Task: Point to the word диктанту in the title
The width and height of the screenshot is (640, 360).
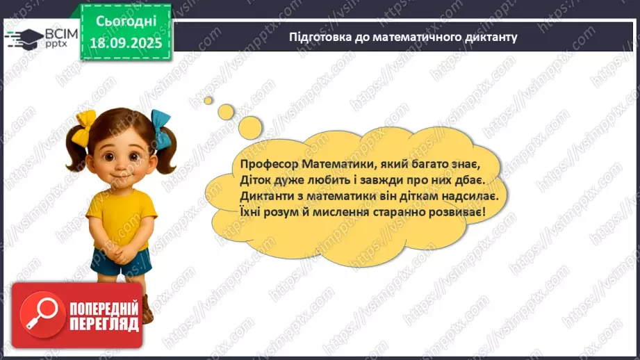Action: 491,37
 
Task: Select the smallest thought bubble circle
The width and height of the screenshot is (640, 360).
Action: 208,100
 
